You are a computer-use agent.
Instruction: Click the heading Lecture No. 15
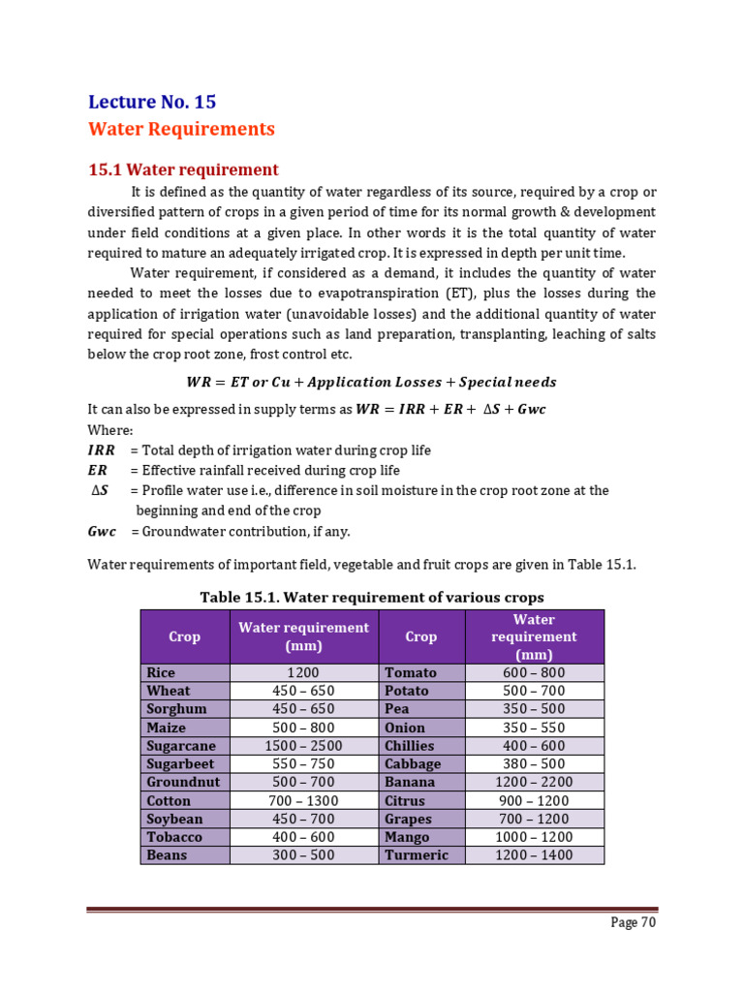tap(152, 102)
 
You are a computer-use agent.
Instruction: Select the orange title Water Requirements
tap(181, 129)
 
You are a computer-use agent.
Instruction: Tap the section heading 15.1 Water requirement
tap(183, 170)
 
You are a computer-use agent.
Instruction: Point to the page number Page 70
tap(634, 922)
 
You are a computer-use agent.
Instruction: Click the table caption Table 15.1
tap(372, 597)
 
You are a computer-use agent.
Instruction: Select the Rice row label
tap(161, 672)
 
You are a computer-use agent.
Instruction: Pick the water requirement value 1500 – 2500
tap(303, 746)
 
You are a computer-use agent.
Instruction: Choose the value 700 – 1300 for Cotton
tap(303, 801)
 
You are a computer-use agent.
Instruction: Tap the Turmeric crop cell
tap(417, 855)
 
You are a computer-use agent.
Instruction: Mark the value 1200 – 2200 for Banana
tap(534, 783)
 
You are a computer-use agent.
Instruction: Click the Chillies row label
tap(410, 746)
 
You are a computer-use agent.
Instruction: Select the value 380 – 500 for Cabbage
tap(534, 764)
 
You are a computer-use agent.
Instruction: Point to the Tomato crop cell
tap(411, 672)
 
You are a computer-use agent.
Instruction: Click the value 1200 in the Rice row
tap(303, 672)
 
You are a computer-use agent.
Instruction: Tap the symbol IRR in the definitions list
tap(101, 450)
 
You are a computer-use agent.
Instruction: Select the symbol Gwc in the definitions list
tap(102, 531)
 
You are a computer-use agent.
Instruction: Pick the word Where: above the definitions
tap(110, 430)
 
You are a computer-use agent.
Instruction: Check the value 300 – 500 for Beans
tap(303, 855)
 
